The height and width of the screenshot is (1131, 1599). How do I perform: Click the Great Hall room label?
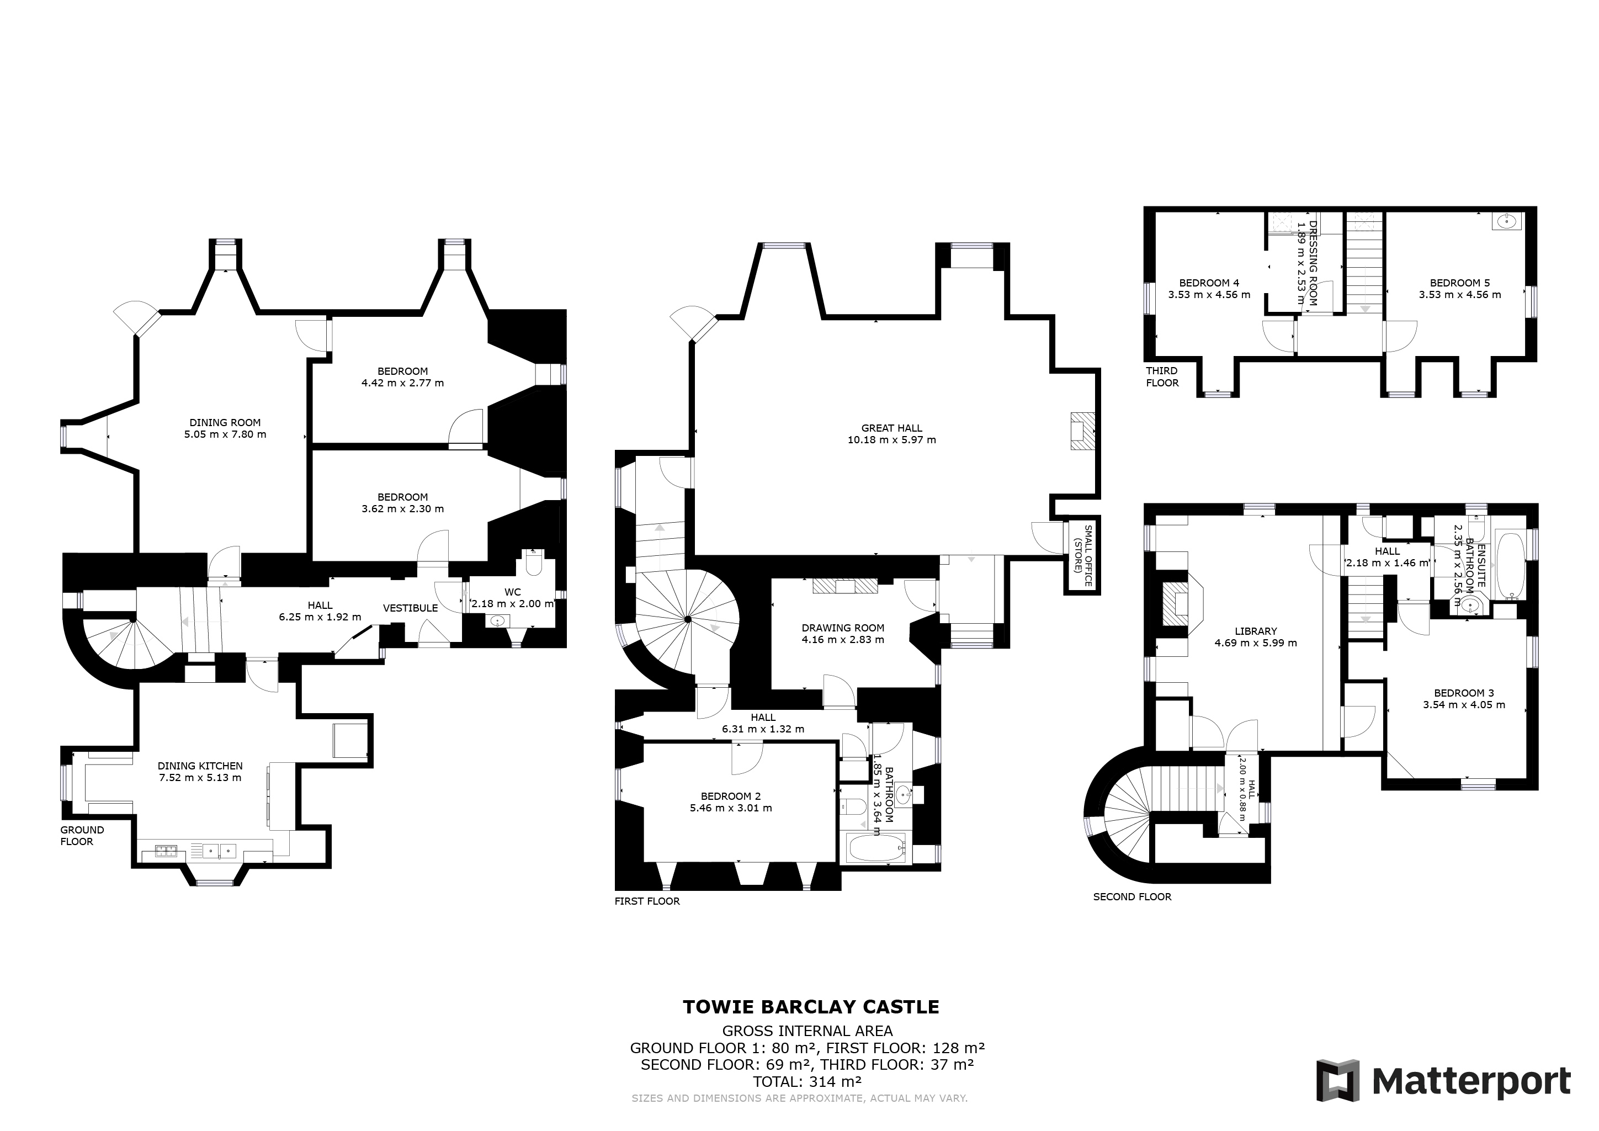pos(891,428)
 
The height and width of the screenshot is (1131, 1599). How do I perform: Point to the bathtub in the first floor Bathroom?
pos(875,848)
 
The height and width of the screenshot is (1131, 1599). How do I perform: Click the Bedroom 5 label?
pos(1460,283)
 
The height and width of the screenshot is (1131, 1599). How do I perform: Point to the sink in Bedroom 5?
pos(1506,222)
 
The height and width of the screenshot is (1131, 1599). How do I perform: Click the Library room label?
pos(1256,631)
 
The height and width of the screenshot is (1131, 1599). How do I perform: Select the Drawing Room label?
pos(843,628)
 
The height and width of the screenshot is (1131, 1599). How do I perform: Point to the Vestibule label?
pos(410,608)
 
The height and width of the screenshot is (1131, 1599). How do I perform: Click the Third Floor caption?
pos(1162,377)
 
